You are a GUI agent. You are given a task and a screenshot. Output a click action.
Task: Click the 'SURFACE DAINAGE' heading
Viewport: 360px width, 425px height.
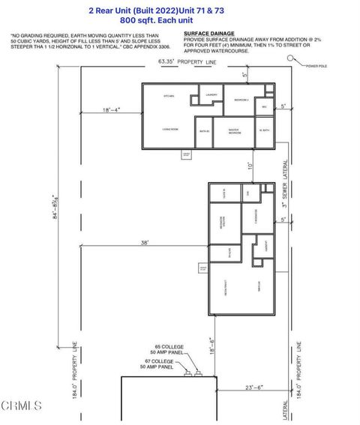[205, 34]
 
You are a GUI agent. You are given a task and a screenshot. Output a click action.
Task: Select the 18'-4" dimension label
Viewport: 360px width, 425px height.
[111, 109]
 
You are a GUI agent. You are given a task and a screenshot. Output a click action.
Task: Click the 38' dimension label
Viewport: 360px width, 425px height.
[143, 243]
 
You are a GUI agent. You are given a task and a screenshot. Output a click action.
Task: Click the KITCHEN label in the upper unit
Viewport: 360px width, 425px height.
[169, 97]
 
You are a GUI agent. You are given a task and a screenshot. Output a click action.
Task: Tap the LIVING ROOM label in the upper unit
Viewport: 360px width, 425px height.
[169, 130]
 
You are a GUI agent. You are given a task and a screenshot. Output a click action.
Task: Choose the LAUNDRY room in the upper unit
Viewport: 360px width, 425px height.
[211, 94]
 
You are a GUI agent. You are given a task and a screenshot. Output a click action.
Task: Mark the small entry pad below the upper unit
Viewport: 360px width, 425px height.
[187, 154]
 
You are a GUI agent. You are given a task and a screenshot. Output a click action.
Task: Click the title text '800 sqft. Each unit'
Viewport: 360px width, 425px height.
[179, 22]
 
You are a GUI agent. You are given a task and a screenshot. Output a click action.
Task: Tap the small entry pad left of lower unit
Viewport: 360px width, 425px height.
[202, 267]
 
